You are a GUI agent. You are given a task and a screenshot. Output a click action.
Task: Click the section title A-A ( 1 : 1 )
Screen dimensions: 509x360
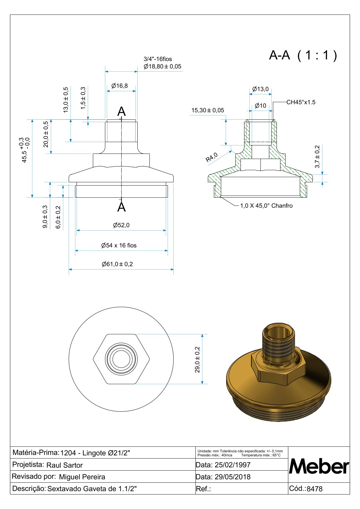(x=303, y=55)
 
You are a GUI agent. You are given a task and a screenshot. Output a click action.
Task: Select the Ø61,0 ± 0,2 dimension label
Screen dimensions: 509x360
(x=117, y=264)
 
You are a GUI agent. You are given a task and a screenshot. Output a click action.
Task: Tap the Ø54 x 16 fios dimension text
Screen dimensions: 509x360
(x=119, y=245)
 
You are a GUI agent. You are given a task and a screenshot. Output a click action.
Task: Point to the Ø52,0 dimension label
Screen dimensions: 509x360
(x=121, y=225)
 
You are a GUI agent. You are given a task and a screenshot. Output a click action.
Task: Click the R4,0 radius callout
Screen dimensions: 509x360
(x=211, y=157)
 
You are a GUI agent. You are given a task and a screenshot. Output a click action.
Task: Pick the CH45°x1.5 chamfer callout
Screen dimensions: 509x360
(x=301, y=102)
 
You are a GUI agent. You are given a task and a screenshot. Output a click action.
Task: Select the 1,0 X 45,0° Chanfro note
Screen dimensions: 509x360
(x=266, y=206)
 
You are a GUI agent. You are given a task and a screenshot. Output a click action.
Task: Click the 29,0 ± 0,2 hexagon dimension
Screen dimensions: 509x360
(x=197, y=359)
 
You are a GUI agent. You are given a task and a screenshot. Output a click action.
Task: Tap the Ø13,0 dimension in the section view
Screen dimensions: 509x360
(x=260, y=89)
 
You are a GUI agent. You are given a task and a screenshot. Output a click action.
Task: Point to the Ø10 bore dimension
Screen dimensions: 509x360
(x=260, y=105)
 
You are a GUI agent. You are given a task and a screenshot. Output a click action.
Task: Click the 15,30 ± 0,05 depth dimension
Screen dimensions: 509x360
(x=208, y=110)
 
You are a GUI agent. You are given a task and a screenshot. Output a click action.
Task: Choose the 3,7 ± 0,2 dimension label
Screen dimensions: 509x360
(x=317, y=157)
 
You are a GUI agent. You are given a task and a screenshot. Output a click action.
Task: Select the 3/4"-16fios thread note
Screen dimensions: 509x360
(x=158, y=59)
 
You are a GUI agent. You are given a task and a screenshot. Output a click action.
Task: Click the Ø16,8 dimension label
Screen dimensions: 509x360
(x=119, y=86)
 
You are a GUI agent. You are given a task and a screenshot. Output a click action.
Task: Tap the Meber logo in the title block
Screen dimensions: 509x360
(x=319, y=467)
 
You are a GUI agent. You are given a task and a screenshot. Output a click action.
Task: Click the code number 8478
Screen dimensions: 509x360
(x=315, y=489)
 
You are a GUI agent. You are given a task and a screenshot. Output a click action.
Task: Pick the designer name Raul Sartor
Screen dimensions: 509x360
(x=64, y=465)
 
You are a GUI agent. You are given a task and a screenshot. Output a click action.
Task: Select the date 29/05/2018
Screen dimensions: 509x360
(x=232, y=477)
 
